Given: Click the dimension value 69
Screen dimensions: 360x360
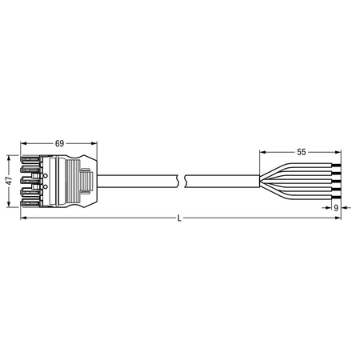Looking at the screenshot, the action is point(59,143).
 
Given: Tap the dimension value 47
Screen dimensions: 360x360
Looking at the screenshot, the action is point(10,181).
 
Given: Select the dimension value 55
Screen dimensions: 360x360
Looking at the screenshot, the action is point(302,152).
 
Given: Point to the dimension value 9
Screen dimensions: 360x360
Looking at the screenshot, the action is point(336,207).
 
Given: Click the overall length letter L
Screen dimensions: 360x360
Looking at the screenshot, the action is point(179,218).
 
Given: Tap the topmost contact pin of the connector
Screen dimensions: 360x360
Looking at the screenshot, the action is point(30,159).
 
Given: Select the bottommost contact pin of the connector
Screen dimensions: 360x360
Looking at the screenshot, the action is point(30,203).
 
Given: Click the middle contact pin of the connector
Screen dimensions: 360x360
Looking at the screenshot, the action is point(30,182).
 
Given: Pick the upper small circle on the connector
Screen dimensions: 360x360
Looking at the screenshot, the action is point(45,175).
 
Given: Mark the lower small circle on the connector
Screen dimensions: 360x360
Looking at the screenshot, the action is point(45,186).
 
